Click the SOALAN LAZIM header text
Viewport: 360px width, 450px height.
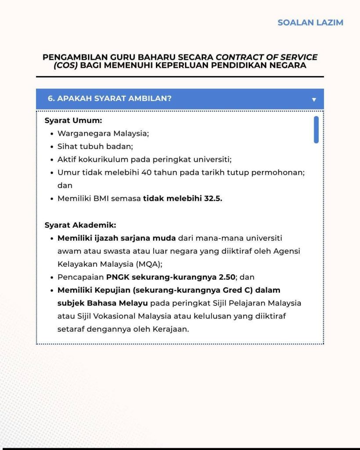coord(310,22)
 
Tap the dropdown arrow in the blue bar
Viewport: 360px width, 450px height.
coord(314,100)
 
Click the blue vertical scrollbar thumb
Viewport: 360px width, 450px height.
coord(316,130)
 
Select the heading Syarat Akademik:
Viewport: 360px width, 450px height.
coord(80,225)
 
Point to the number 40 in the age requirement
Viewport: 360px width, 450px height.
coord(147,173)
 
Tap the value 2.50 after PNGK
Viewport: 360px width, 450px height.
coord(227,277)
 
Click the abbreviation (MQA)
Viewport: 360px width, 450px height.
coord(135,264)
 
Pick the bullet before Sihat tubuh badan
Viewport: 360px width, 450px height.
coord(52,147)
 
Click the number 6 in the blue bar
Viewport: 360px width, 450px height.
coord(50,98)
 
